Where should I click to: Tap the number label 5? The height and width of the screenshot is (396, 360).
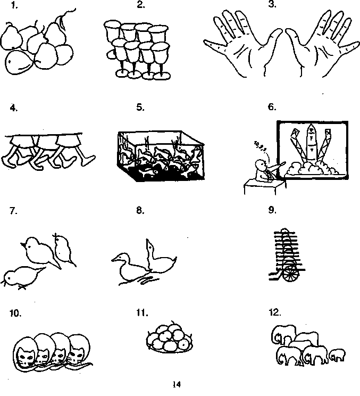pos(140,107)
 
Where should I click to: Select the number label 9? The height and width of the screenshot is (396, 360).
pos(272,210)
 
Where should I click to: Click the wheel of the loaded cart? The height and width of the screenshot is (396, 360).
pos(290,273)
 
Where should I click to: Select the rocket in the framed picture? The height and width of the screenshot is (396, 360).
pos(312,141)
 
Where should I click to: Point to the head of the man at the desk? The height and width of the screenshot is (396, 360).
pos(260,164)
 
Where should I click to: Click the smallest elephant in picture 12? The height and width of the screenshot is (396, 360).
pos(337,354)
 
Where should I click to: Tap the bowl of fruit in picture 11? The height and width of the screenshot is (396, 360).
pos(169,339)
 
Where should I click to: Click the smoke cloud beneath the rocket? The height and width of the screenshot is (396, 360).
pos(311,169)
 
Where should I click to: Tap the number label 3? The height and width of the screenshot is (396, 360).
pos(272,6)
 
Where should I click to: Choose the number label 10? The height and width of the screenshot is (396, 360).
pos(15,313)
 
